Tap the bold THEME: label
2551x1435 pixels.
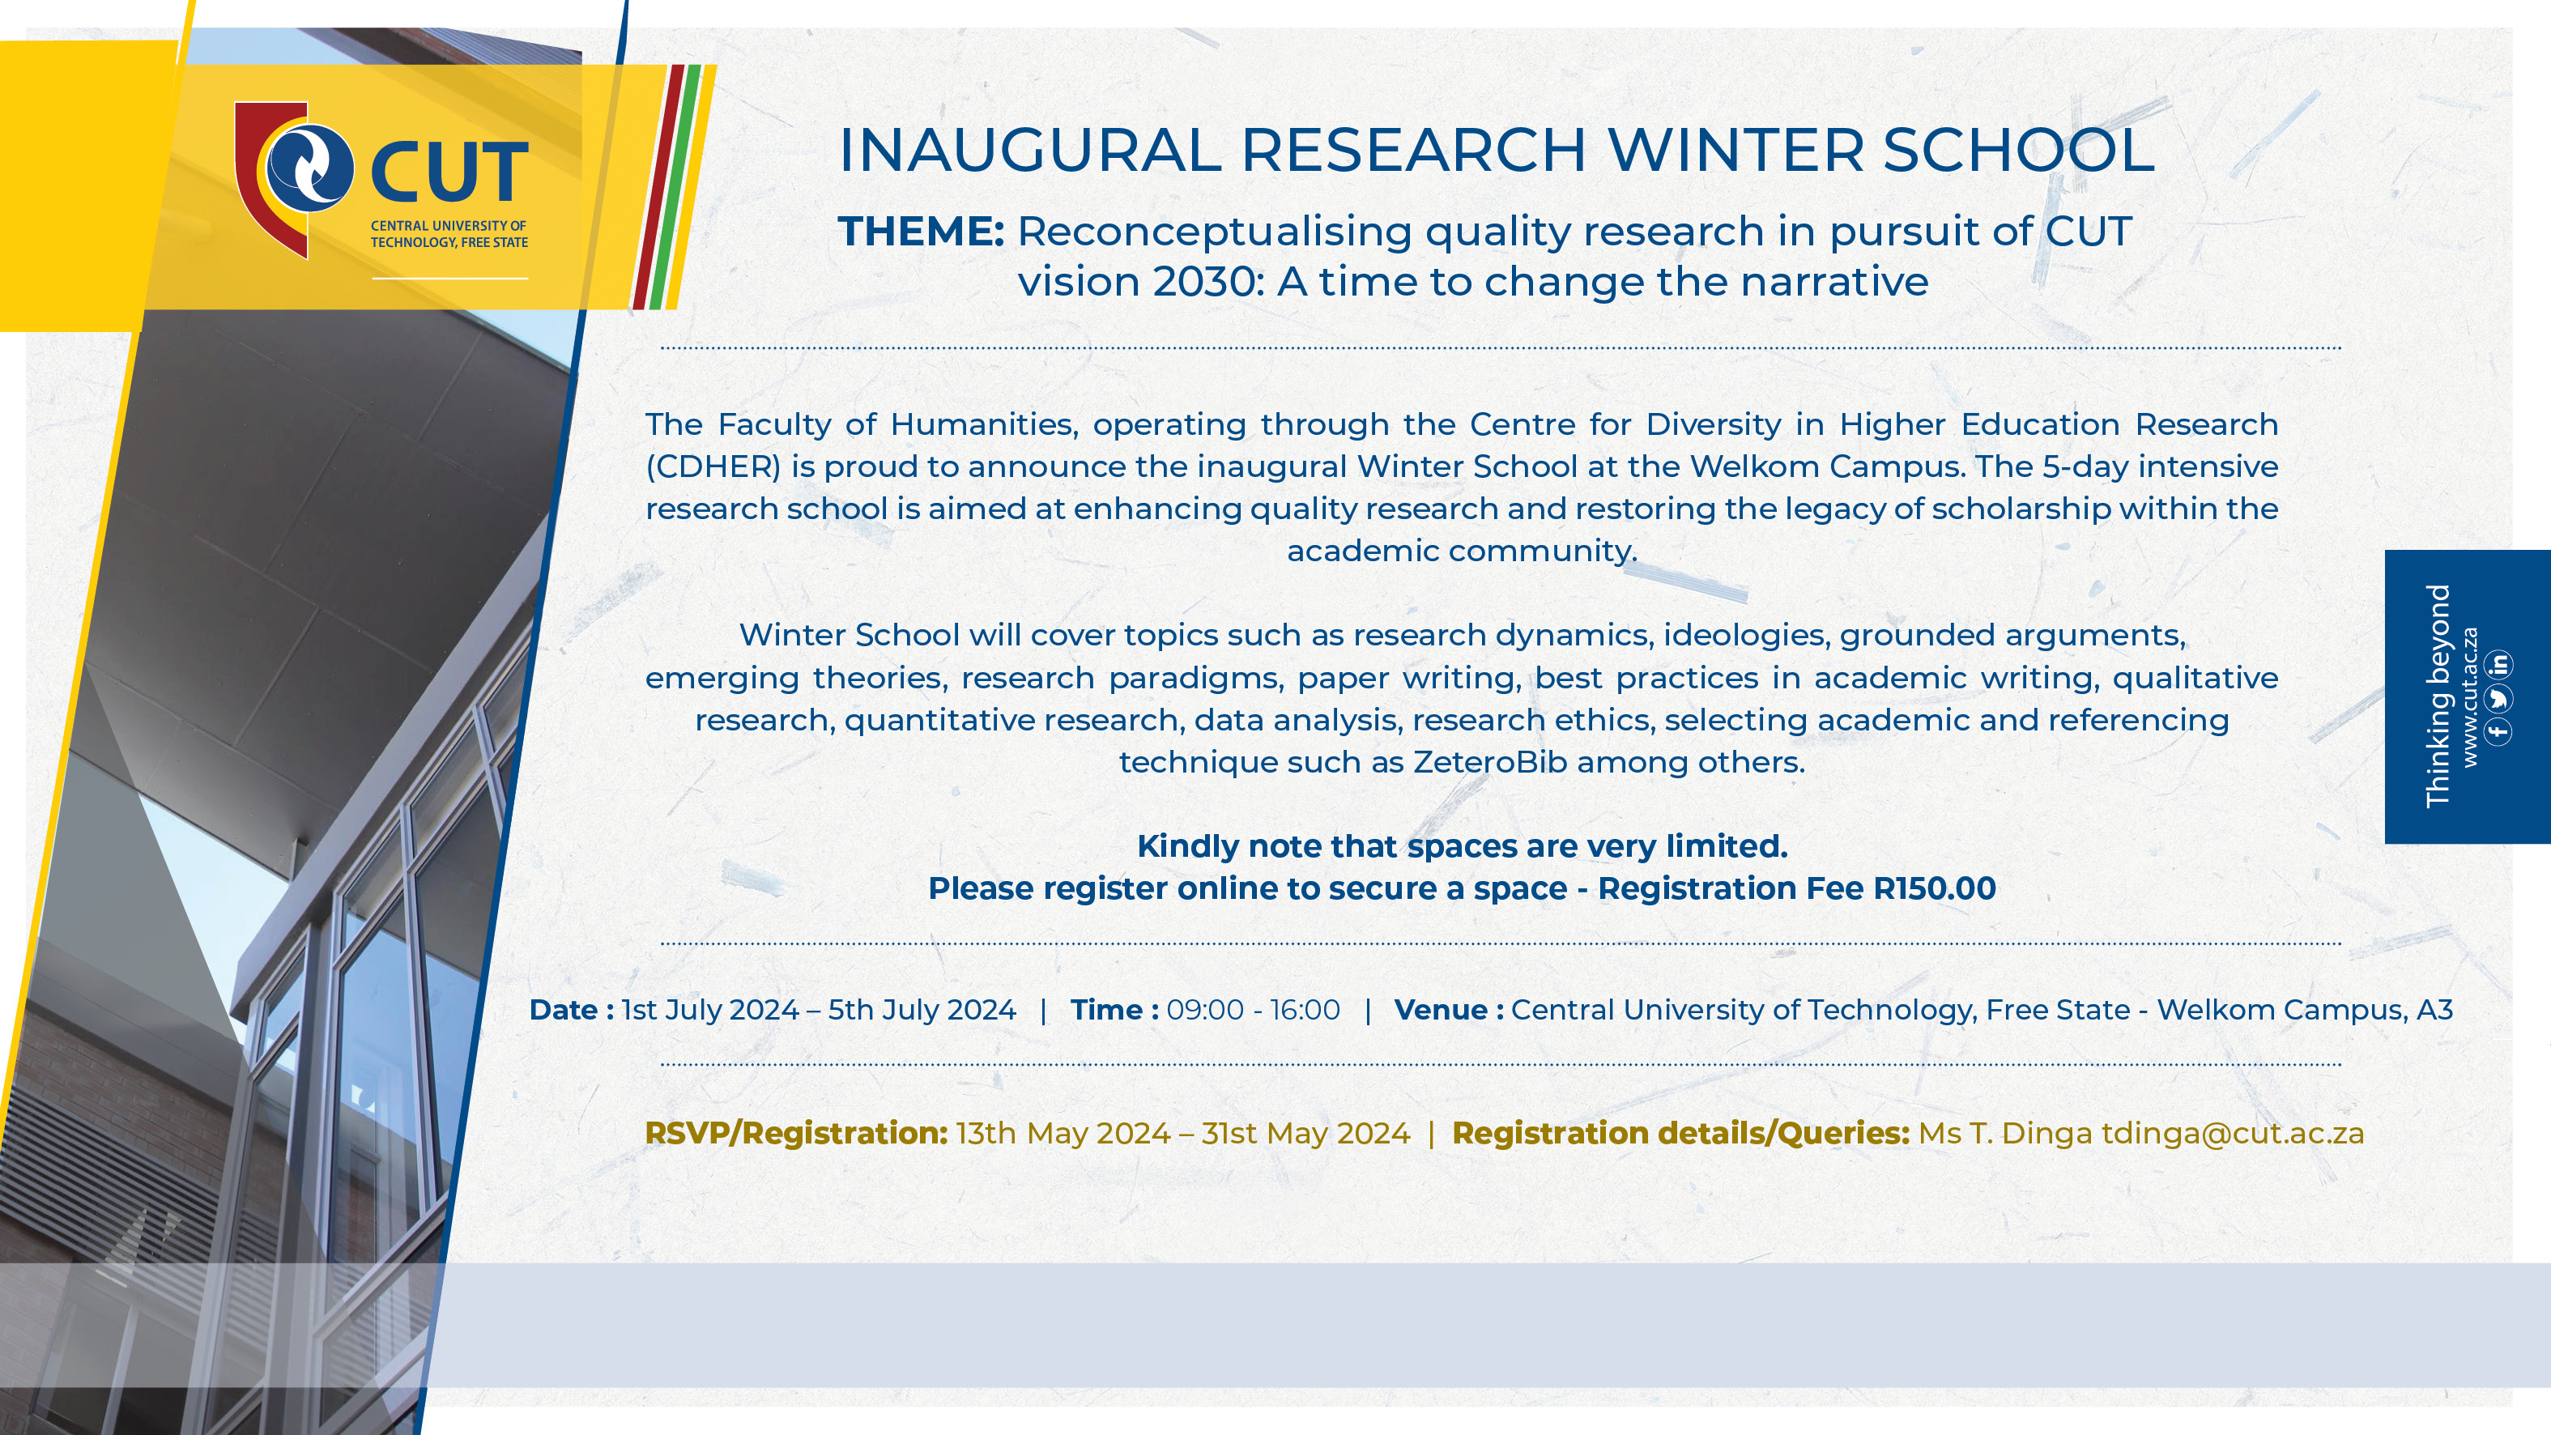(x=921, y=232)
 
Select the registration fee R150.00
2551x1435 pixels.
(x=1934, y=888)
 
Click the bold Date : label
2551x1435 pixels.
(x=572, y=1010)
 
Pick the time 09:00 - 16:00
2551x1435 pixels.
(x=1253, y=1010)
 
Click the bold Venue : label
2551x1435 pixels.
(x=1449, y=1010)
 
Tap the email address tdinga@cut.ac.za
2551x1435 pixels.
(x=2233, y=1133)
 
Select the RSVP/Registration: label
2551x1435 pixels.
(x=796, y=1134)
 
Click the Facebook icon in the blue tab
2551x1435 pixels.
(x=2498, y=733)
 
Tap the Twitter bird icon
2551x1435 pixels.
(x=2498, y=698)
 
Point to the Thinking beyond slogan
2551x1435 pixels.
(x=2437, y=696)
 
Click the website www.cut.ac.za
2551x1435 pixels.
(x=2470, y=696)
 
